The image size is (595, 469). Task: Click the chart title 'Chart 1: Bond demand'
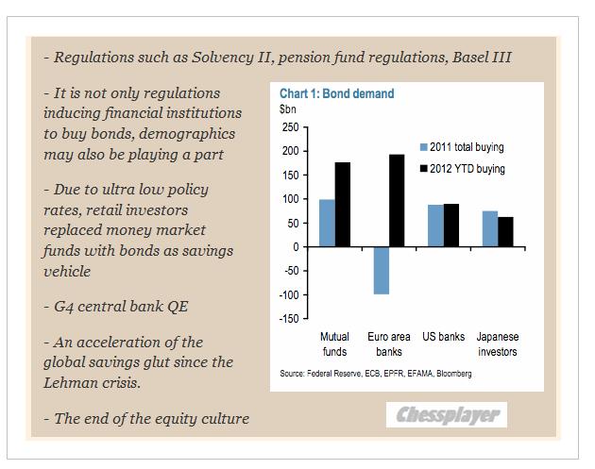tap(336, 94)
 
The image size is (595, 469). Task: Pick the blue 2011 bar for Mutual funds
tap(326, 223)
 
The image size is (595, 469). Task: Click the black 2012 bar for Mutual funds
tap(342, 204)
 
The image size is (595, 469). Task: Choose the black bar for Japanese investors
tap(506, 231)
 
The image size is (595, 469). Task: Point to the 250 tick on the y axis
tap(290, 126)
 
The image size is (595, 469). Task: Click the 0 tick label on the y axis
tap(295, 247)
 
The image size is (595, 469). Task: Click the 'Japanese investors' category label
tap(497, 343)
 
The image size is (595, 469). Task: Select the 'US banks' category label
tap(443, 337)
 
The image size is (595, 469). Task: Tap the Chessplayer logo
tap(447, 414)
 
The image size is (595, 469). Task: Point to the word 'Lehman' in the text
tap(74, 384)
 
